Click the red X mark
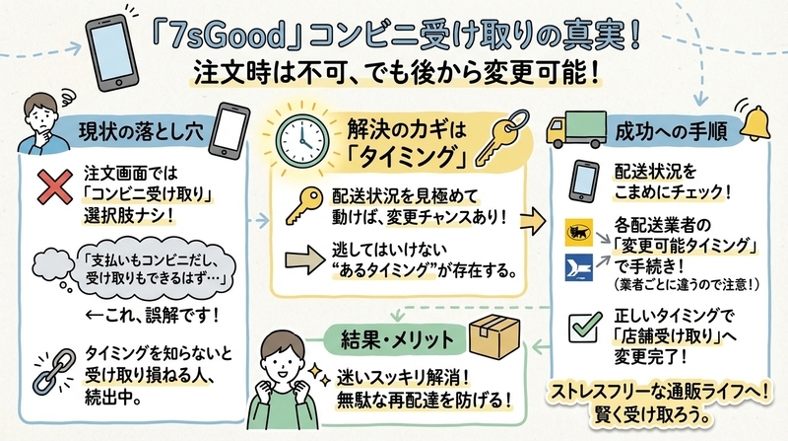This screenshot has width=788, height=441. click(x=55, y=186)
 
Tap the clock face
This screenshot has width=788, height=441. click(x=302, y=141)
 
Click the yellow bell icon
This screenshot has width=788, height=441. click(x=754, y=122)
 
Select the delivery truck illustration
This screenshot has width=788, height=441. click(x=576, y=129)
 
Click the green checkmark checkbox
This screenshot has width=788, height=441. click(x=584, y=328)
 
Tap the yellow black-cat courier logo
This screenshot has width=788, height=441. click(x=578, y=232)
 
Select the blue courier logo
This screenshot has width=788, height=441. click(x=578, y=266)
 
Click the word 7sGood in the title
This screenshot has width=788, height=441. click(x=228, y=37)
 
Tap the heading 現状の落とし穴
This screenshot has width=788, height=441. click(x=141, y=132)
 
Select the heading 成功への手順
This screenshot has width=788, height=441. click(x=671, y=132)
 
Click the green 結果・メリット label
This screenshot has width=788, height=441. click(x=397, y=340)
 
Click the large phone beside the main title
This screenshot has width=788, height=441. click(x=112, y=53)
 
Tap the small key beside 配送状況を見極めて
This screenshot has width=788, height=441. click(x=304, y=205)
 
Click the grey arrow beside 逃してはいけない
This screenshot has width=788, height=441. click(x=305, y=260)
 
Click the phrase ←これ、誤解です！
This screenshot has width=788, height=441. click(x=153, y=316)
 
